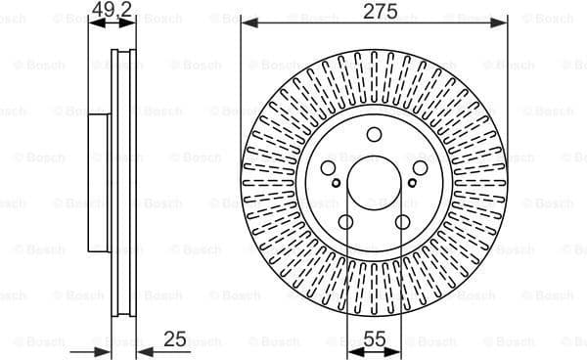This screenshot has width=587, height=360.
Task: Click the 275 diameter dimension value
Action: tap(373, 11)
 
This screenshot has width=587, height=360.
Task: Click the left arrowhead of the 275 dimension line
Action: tap(248, 21)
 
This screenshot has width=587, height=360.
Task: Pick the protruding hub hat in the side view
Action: tap(98, 180)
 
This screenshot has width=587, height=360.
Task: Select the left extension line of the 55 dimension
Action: tap(346, 293)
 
